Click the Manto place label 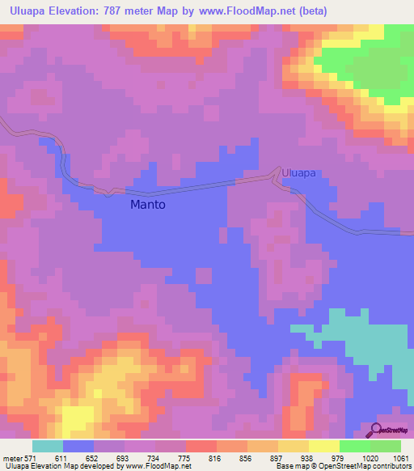tap(148, 205)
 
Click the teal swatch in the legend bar tap(48, 447)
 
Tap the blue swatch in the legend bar tap(78, 447)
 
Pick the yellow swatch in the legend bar tap(324, 447)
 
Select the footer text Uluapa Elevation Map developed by tap(61, 465)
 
